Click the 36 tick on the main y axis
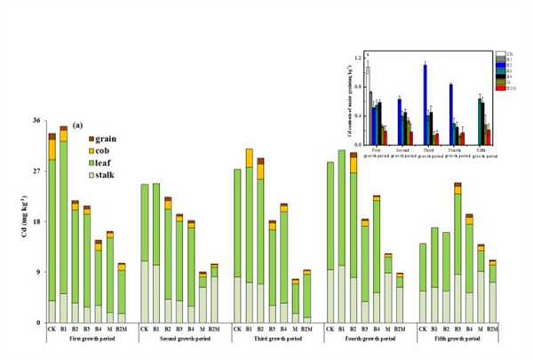pyautogui.click(x=36, y=121)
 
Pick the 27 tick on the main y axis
pyautogui.click(x=36, y=171)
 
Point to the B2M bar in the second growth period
pyautogui.click(x=214, y=293)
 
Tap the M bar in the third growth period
pyautogui.click(x=296, y=301)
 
